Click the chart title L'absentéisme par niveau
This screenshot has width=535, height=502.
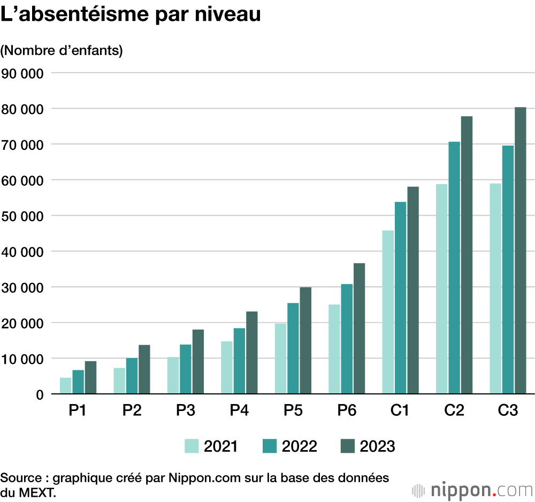131,14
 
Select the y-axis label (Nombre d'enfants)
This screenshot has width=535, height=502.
62,51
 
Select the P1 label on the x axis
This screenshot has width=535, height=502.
78,410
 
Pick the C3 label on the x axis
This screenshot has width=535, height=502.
508,410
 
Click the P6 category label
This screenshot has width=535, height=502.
347,410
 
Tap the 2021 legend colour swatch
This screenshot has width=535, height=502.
192,446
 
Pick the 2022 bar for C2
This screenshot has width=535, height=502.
454,268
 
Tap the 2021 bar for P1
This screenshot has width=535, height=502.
66,385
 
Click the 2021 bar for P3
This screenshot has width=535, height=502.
173,375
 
